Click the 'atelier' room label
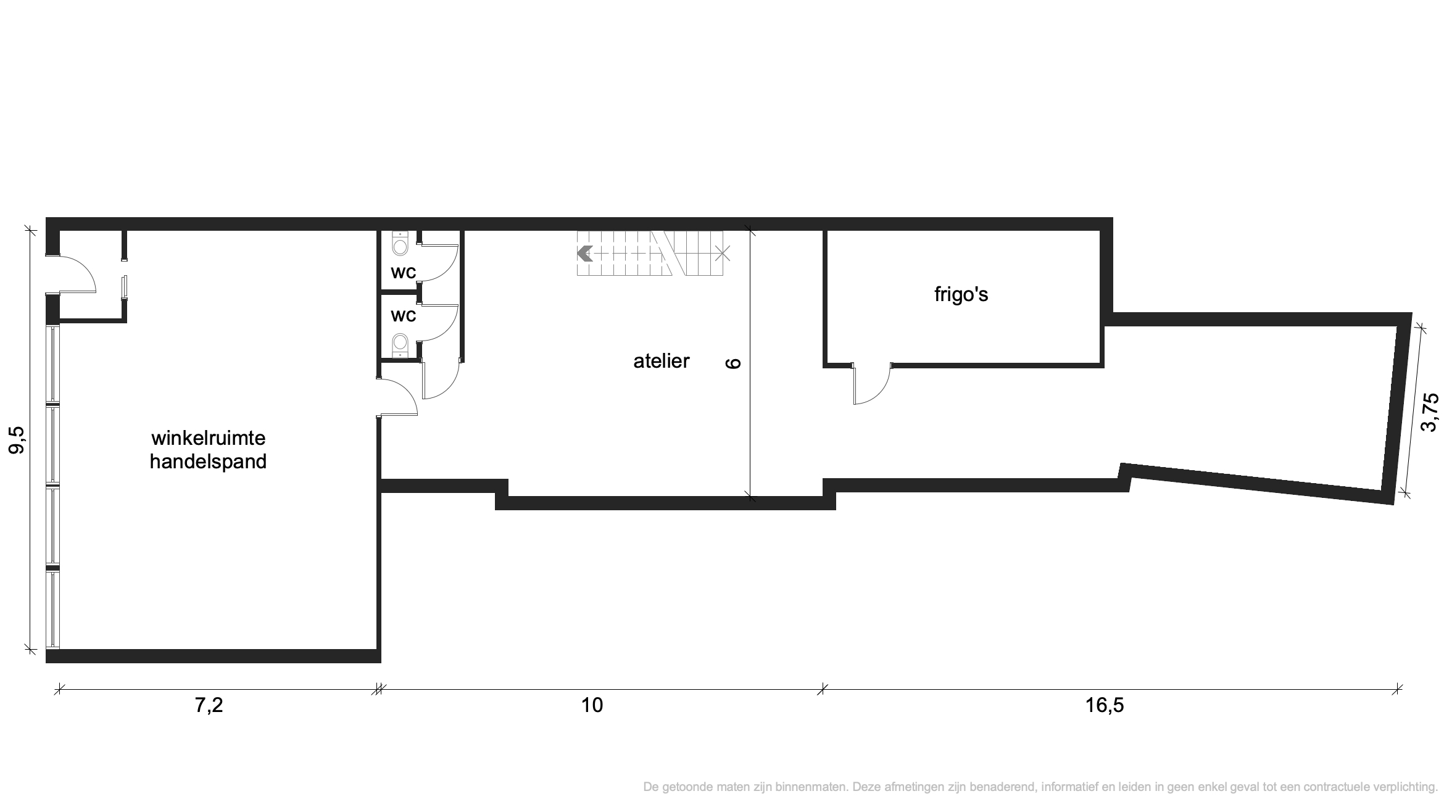pyautogui.click(x=661, y=361)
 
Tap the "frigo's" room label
pyautogui.click(x=961, y=295)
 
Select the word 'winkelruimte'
pyautogui.click(x=209, y=438)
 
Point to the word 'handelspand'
pyautogui.click(x=209, y=462)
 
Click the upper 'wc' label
pyautogui.click(x=404, y=272)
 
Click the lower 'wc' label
pyautogui.click(x=404, y=315)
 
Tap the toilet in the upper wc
pyautogui.click(x=400, y=244)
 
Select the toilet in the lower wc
pyautogui.click(x=400, y=346)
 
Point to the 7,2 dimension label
pyautogui.click(x=209, y=705)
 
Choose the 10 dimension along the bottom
pyautogui.click(x=592, y=705)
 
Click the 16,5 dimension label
pyautogui.click(x=1105, y=705)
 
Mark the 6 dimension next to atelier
pyautogui.click(x=733, y=363)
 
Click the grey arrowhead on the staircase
pyautogui.click(x=584, y=253)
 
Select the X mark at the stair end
pyautogui.click(x=723, y=253)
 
